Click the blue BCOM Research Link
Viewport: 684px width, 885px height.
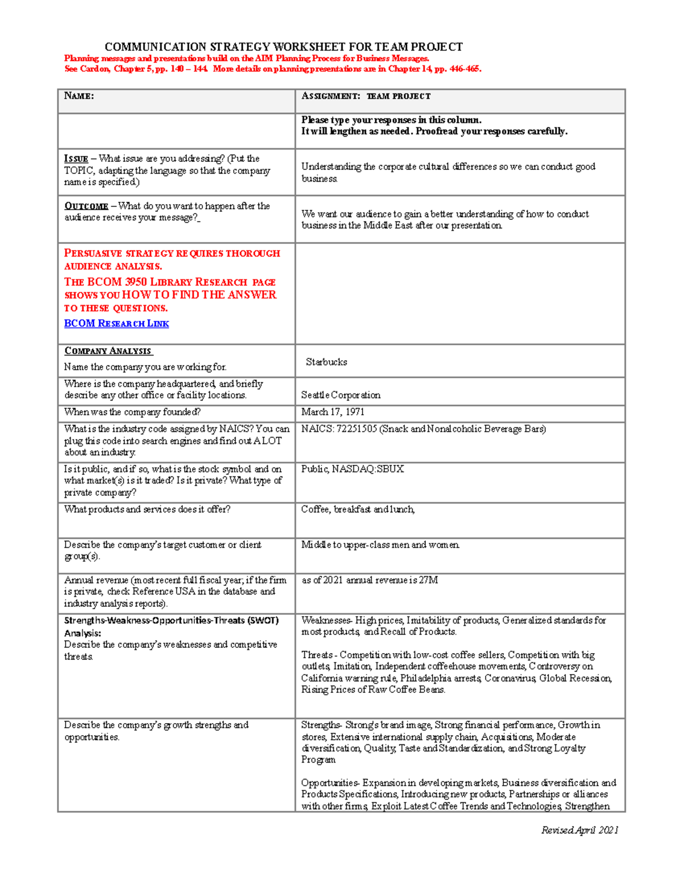116,323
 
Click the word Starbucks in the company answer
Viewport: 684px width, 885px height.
326,362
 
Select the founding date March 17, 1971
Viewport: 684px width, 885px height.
333,412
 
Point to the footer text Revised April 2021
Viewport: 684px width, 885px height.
579,830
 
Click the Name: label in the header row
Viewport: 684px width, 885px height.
79,96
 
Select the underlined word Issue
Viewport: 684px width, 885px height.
76,159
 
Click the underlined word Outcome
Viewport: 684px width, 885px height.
86,206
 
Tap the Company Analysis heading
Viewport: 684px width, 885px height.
108,351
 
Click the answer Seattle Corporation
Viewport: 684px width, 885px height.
340,395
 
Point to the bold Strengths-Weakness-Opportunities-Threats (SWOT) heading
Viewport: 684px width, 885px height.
171,621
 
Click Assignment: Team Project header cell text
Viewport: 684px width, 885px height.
366,96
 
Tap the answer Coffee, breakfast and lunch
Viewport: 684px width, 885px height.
357,509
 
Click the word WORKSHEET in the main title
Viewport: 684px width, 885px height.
308,47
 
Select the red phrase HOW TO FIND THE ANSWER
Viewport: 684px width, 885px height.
199,295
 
